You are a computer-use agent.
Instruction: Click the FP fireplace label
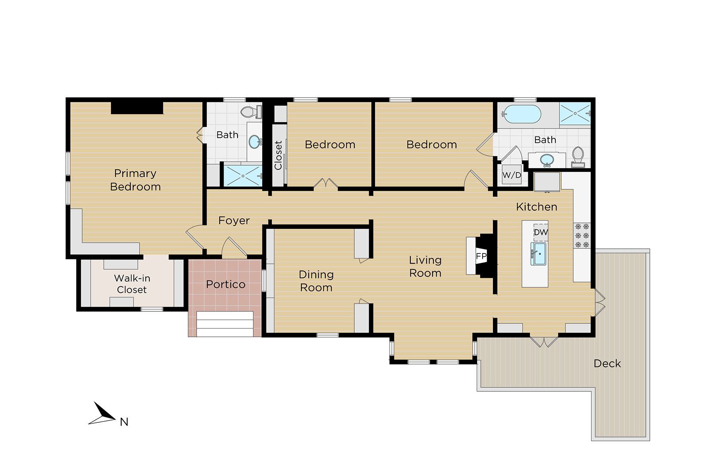(481, 256)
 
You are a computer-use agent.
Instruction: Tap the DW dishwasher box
(541, 232)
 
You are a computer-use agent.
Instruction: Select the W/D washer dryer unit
(512, 175)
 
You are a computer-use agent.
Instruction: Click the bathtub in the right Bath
(521, 114)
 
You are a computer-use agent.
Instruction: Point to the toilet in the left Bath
(251, 112)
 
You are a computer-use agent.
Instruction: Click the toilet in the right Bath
(578, 156)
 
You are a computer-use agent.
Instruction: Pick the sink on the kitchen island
(539, 254)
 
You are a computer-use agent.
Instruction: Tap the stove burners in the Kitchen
(582, 236)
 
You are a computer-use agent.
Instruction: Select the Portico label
(226, 284)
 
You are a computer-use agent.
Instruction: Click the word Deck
(607, 364)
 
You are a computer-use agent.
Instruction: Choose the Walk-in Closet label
(132, 284)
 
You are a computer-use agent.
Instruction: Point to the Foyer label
(234, 221)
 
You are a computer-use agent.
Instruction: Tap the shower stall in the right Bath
(575, 113)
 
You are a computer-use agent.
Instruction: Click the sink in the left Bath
(255, 141)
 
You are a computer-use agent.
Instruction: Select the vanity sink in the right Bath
(547, 160)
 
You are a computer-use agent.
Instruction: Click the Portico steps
(225, 324)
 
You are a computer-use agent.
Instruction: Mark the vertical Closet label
(278, 155)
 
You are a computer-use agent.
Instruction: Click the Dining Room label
(316, 281)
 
